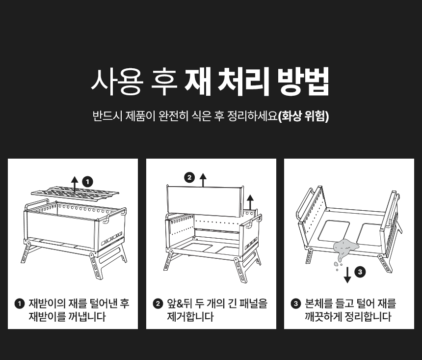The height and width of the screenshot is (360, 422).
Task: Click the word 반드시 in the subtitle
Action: (107, 116)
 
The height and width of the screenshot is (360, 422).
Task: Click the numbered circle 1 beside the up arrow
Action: (87, 182)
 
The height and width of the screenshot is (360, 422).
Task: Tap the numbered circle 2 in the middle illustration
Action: (189, 178)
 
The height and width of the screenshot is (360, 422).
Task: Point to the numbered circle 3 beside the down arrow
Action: (360, 272)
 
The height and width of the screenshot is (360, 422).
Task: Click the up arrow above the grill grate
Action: (75, 185)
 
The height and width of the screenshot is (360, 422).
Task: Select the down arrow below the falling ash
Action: (347, 275)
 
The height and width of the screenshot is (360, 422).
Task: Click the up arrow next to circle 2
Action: (203, 180)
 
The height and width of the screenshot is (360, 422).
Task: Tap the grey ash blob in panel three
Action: (345, 248)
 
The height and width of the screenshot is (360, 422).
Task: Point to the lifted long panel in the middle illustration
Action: (205, 201)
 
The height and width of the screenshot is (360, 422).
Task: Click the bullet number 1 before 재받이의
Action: (19, 304)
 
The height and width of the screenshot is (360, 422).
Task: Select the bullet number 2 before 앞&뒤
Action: (158, 304)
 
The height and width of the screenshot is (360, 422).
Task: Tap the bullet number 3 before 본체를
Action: (296, 304)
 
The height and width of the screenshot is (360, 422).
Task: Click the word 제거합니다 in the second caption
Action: (190, 317)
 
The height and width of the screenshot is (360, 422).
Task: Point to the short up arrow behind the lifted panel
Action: (250, 203)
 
